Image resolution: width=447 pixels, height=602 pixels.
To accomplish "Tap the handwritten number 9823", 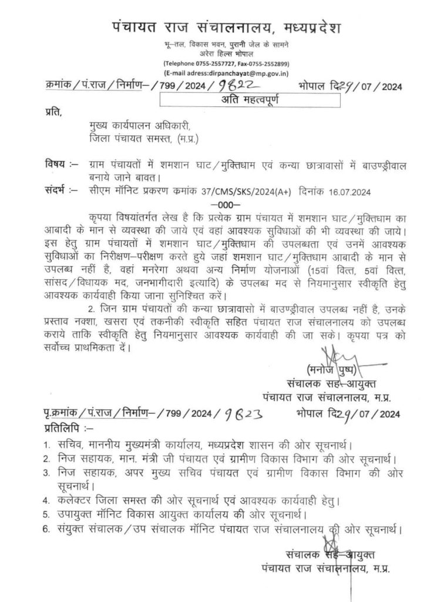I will pos(238,414).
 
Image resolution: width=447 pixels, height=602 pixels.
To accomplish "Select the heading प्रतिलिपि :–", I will pos(68,427).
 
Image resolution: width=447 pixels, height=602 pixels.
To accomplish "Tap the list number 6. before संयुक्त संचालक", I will pos(46,530).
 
